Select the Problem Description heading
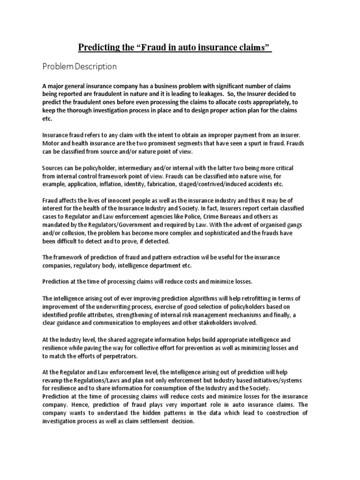tap(79, 67)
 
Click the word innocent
tap(124, 201)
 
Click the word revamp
tap(53, 381)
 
